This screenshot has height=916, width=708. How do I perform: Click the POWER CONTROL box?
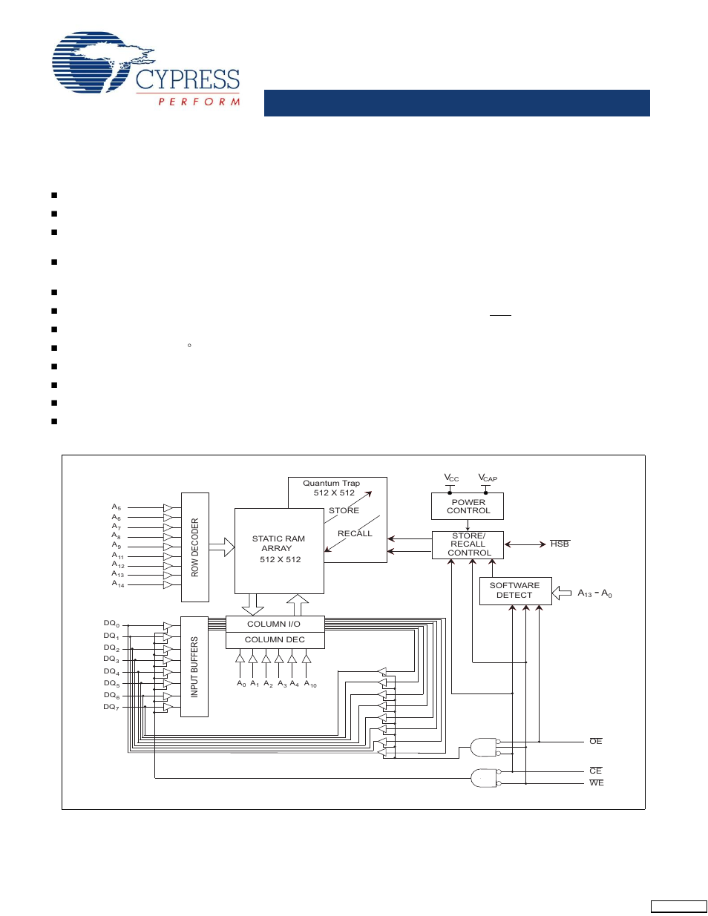tap(468, 506)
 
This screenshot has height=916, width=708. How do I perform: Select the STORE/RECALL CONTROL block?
tap(468, 544)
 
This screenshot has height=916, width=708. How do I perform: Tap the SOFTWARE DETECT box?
tap(515, 590)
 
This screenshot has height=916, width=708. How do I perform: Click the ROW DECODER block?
tap(195, 547)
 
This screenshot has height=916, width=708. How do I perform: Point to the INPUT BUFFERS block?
tap(194, 667)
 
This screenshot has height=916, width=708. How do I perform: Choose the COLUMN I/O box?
tap(275, 624)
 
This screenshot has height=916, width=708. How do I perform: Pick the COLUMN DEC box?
tap(275, 640)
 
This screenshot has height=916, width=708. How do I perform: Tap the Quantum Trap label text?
tap(332, 483)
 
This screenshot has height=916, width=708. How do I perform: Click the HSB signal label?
tap(560, 544)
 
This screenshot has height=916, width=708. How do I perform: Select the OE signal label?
tap(595, 741)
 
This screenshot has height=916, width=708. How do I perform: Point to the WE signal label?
tap(596, 782)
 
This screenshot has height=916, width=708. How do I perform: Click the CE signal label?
tap(595, 771)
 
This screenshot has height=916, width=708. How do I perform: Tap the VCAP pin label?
tap(488, 478)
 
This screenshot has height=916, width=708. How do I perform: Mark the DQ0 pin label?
tap(112, 624)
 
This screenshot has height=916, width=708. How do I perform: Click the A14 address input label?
tap(118, 584)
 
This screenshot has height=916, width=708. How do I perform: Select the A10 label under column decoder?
tap(310, 683)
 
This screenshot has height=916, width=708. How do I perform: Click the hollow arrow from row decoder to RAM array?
tap(222, 547)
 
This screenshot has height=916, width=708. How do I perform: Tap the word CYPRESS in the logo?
tap(188, 79)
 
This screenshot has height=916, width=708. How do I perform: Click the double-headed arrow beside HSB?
tap(525, 544)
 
